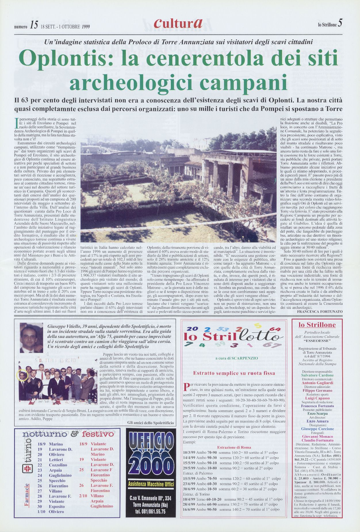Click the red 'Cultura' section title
click(178, 24)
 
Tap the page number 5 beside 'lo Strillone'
click(340, 23)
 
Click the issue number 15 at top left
click(33, 26)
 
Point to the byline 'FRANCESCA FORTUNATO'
click(320, 311)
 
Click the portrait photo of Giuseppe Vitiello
click(31, 337)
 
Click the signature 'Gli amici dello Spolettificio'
click(150, 422)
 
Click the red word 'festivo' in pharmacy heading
click(98, 434)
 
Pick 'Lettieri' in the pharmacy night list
click(56, 460)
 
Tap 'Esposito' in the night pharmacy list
click(57, 506)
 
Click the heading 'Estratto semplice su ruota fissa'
click(234, 373)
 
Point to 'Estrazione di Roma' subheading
click(234, 447)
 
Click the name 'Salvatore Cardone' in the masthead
click(317, 375)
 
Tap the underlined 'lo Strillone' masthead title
click(317, 325)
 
